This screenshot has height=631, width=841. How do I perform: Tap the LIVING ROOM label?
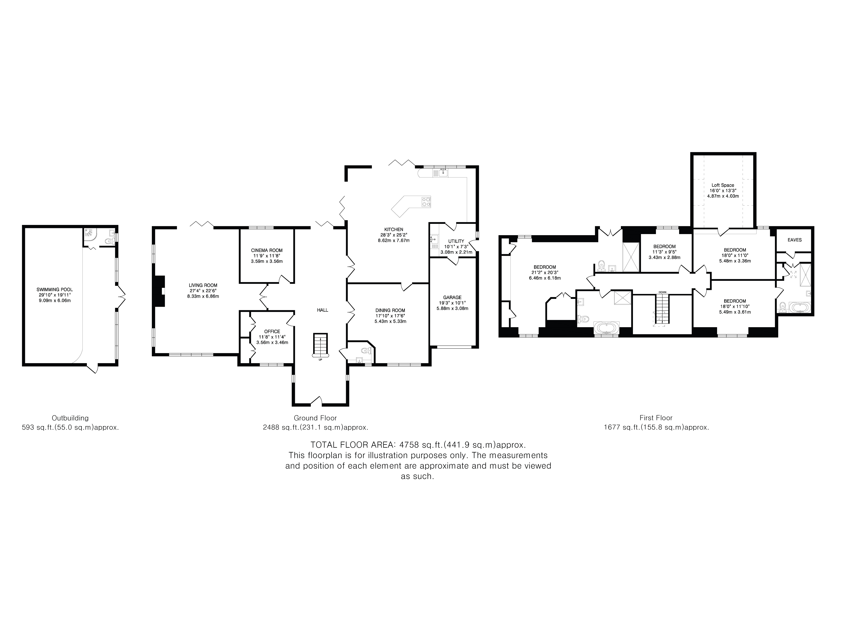point(203,285)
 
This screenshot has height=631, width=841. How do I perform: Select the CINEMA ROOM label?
point(267,250)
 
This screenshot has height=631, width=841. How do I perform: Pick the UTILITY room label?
point(456,241)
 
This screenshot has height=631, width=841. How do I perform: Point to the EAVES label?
point(795,240)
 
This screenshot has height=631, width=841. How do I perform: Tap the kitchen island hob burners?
point(426,202)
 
